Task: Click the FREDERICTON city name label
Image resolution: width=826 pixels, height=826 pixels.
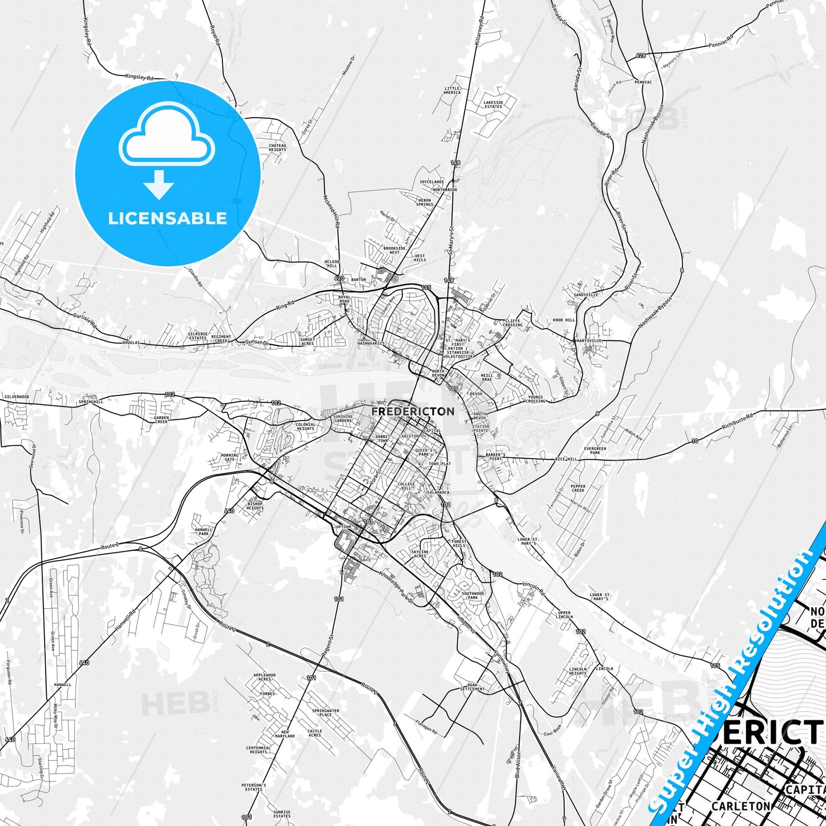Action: (413, 412)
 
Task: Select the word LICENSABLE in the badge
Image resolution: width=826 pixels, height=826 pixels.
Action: (167, 218)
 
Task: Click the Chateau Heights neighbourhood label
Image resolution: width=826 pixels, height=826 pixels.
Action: (277, 147)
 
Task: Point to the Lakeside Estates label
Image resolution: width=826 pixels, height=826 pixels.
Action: (493, 105)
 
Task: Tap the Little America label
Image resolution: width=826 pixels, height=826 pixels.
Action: (452, 90)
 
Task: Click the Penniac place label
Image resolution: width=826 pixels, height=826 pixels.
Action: (643, 82)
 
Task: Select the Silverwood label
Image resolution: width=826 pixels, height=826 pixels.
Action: (16, 396)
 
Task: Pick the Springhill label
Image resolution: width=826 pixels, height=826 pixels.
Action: (91, 402)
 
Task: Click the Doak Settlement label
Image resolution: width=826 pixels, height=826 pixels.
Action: (472, 687)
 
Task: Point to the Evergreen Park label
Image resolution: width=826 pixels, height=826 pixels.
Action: (595, 450)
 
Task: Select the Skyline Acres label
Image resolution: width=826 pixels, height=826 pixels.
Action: (420, 553)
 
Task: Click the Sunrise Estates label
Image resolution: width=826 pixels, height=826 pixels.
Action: (282, 813)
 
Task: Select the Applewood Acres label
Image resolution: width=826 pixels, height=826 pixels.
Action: (265, 677)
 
